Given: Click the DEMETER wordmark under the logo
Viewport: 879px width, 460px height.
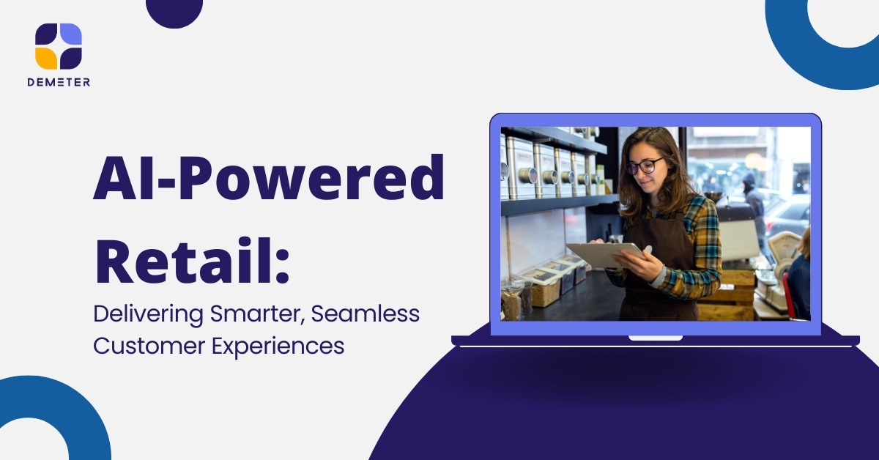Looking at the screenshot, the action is click(59, 82).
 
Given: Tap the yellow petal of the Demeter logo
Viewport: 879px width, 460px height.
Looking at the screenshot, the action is click(46, 58).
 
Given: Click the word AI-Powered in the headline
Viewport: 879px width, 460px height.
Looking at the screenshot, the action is click(269, 178).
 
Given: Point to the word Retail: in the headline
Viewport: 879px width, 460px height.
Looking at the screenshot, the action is click(192, 260).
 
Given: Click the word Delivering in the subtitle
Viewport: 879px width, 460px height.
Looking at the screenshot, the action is click(148, 314).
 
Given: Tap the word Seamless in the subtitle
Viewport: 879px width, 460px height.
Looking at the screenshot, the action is click(366, 314).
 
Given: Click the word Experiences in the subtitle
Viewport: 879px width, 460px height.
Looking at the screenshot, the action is click(278, 346).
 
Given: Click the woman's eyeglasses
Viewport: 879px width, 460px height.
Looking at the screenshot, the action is click(645, 166).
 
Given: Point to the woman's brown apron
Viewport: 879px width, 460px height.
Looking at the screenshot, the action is click(659, 267).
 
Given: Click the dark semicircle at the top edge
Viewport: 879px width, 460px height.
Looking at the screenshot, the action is click(174, 12).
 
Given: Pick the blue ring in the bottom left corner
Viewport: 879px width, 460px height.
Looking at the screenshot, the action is click(59, 404).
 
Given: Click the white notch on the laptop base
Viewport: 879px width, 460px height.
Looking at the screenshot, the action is click(656, 338).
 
